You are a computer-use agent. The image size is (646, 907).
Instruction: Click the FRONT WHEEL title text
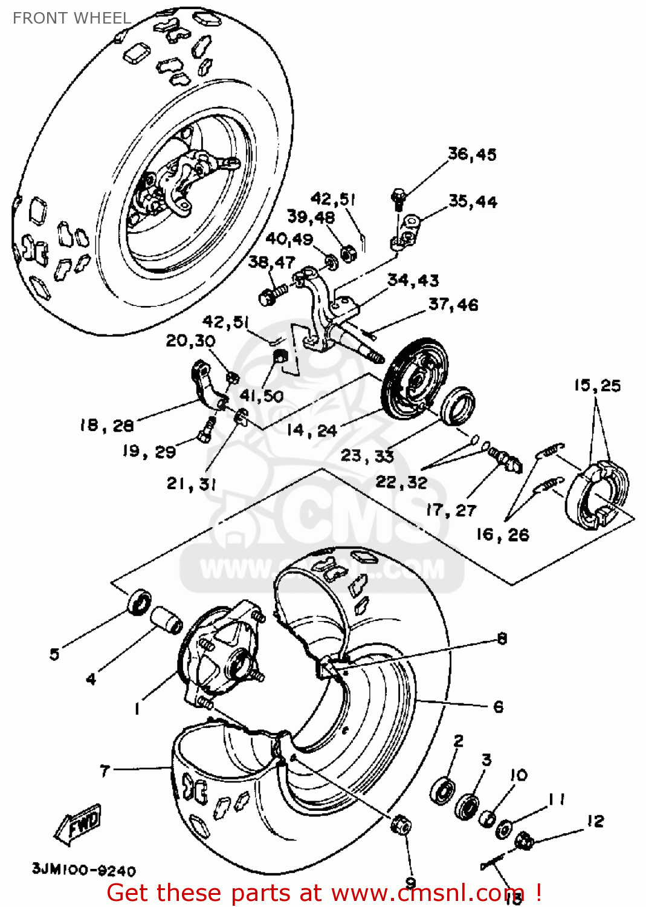(x=71, y=18)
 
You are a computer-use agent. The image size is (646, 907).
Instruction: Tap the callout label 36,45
(x=472, y=155)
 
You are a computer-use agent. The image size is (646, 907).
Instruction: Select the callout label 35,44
(x=473, y=202)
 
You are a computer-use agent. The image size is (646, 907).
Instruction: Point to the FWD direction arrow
(x=79, y=824)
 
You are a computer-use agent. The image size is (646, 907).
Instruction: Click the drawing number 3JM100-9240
(x=84, y=870)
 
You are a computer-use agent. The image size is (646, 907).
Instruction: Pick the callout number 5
(x=54, y=654)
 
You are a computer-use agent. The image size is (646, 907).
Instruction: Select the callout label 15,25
(x=597, y=385)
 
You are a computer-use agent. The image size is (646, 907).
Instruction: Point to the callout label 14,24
(x=311, y=431)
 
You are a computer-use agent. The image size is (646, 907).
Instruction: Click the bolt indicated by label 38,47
(x=270, y=296)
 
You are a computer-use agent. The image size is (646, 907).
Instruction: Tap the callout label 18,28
(x=106, y=426)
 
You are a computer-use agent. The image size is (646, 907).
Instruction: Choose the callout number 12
(x=595, y=821)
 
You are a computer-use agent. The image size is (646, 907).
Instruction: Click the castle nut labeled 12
(x=523, y=840)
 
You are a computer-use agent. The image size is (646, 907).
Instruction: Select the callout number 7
(x=105, y=770)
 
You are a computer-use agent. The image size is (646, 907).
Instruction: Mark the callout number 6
(x=498, y=707)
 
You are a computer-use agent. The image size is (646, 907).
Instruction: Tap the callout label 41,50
(x=261, y=396)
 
